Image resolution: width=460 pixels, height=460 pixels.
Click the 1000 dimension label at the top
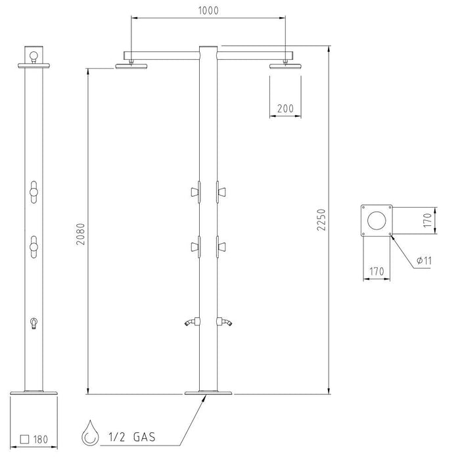pos(208,11)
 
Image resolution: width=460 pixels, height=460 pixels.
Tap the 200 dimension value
pos(285,109)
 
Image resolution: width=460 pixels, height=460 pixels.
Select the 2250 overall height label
pos(321,219)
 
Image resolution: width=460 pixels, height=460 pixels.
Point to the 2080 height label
pos(80,234)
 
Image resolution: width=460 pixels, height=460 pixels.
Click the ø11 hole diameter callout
pos(425,260)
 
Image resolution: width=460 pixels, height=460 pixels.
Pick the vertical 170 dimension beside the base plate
pos(428,220)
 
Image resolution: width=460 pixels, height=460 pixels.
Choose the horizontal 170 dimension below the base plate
pos(377,271)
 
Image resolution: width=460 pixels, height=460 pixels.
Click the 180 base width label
pos(41,439)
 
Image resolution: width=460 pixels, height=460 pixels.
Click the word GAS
pos(144,437)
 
